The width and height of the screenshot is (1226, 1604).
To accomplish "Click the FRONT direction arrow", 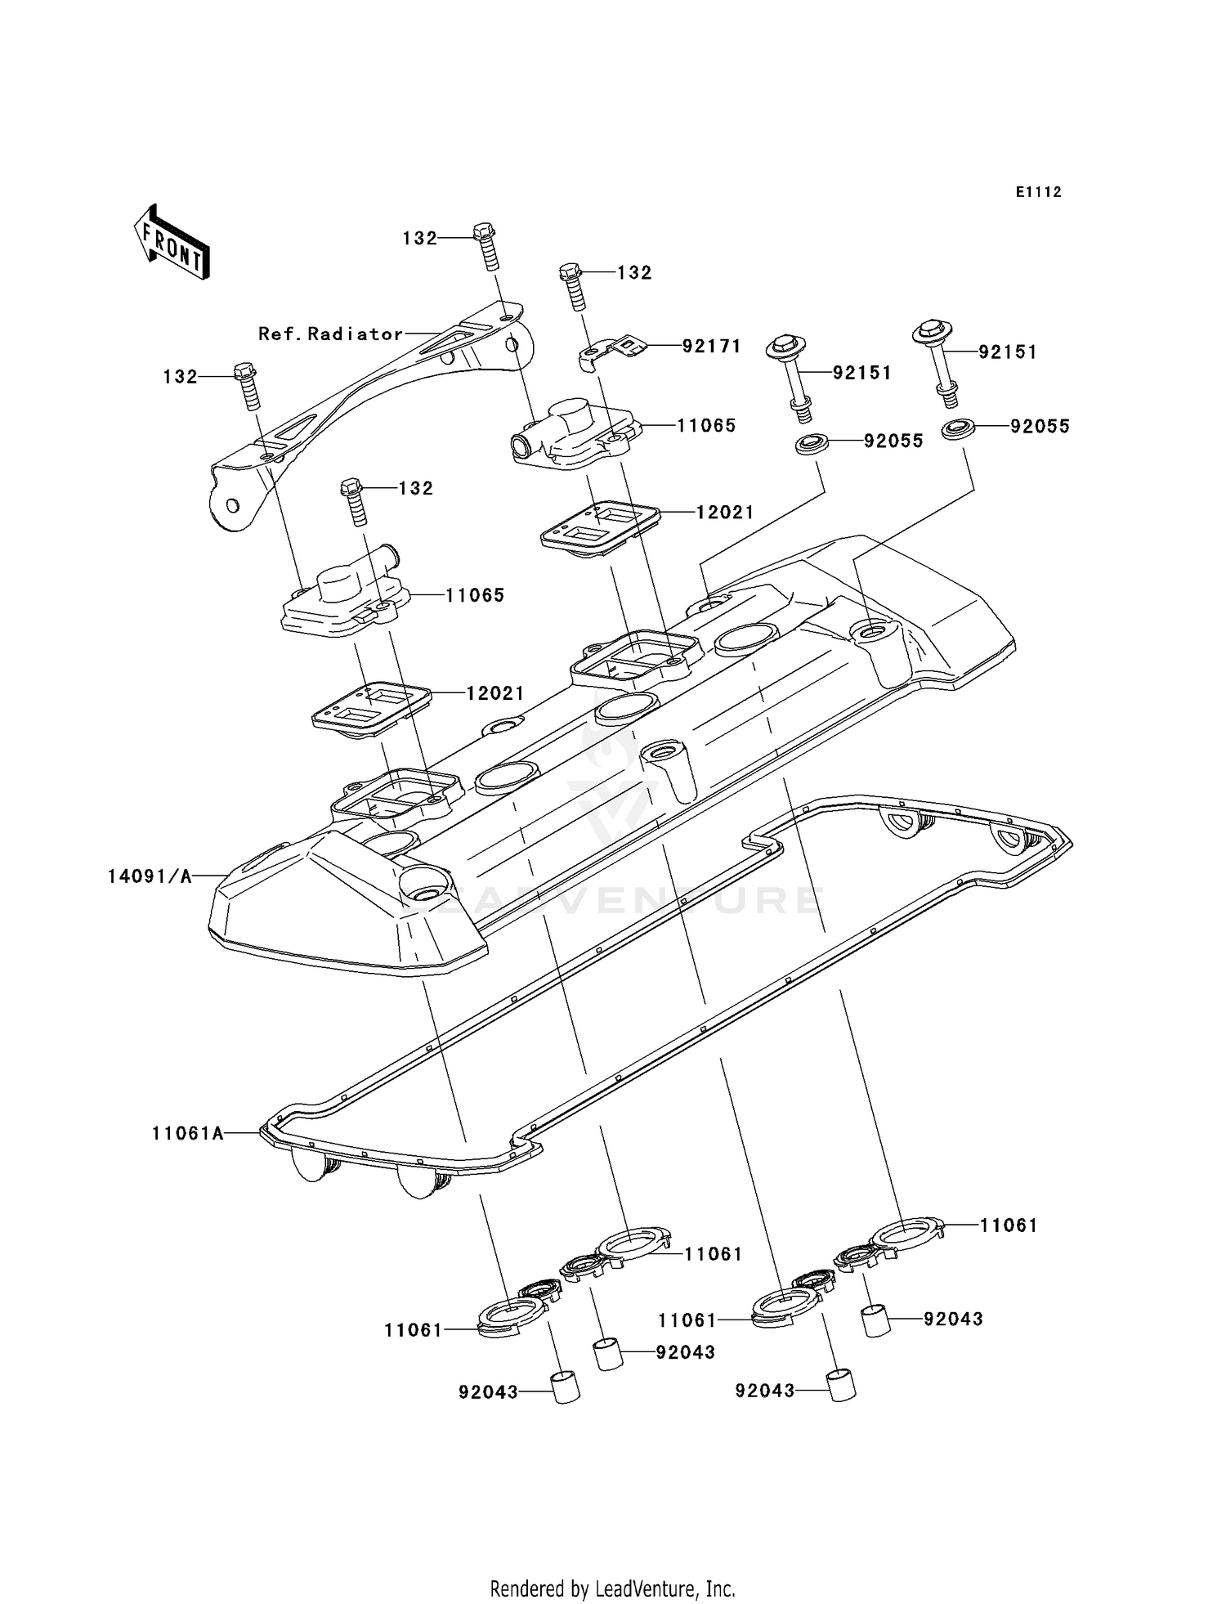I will coord(171,243).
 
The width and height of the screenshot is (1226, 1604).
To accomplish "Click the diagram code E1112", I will coord(1038,192).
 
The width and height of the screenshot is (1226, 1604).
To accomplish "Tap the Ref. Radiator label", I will coord(330,334).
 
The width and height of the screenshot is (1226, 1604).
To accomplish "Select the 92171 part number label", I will coord(711,346).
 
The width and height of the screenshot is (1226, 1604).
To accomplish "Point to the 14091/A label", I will coord(150,876).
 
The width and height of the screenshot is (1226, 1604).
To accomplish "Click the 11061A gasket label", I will coord(187,1133).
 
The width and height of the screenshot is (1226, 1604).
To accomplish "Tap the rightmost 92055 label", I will coord(1040,426).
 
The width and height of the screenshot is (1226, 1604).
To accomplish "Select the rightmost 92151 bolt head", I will coord(931,331).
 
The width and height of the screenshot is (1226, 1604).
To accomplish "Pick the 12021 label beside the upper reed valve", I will coord(724,512).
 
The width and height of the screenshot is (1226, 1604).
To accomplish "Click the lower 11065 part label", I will coord(474,595).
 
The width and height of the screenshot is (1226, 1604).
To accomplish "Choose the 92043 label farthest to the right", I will coord(953,1319).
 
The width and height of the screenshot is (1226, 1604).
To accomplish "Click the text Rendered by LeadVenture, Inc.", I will coord(612,1588).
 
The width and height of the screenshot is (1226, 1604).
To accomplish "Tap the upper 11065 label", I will coord(706,425).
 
